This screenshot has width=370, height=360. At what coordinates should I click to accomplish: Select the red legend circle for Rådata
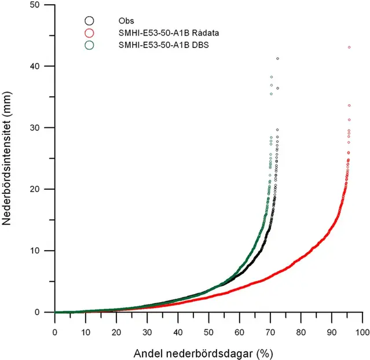(x=89, y=32)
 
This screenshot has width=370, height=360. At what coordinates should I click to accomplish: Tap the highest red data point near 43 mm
(x=349, y=47)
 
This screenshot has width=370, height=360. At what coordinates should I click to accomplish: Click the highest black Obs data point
(x=277, y=58)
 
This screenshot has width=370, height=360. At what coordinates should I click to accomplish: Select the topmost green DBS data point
(x=272, y=77)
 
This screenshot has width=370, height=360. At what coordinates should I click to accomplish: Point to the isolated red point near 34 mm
(x=349, y=105)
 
